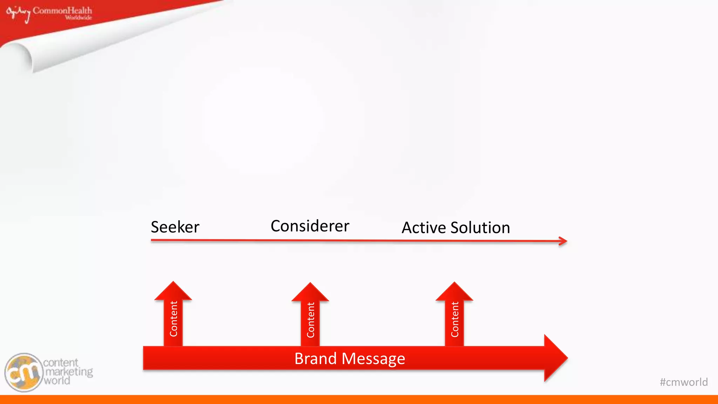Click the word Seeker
coord(175,227)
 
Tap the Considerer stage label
coord(310,226)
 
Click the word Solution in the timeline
coord(480,228)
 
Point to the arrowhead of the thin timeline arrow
coord(564,241)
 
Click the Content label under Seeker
coord(174,319)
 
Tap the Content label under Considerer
coord(311,320)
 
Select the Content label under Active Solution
coord(455,319)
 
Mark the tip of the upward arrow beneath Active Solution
coord(454,284)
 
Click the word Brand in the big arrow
coord(316,359)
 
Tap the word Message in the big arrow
coord(373,359)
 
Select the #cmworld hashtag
coord(684,382)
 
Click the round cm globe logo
coord(23,372)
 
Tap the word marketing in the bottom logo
coord(69,372)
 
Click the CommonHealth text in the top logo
coord(62,11)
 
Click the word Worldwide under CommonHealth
coord(79,18)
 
